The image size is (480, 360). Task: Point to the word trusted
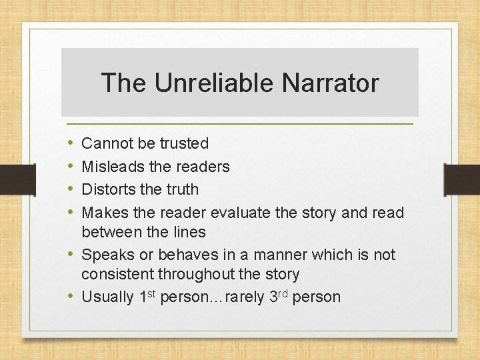click(184, 143)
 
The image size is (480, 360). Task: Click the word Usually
click(107, 297)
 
